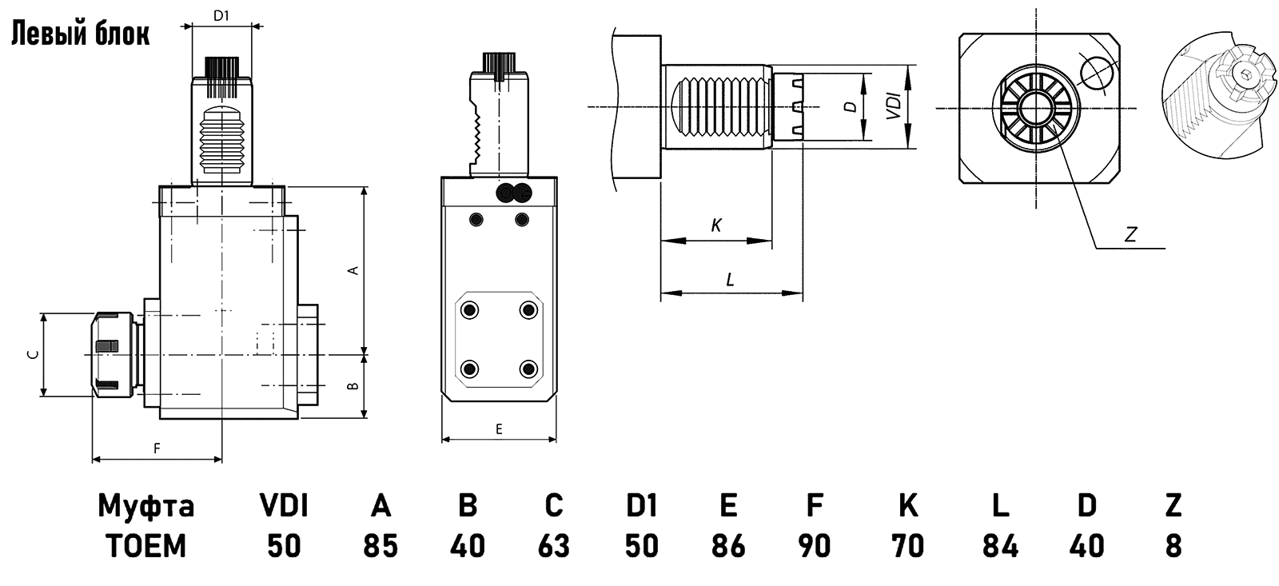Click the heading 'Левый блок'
80,34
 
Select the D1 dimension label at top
222,15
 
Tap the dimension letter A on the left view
353,271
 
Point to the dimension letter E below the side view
499,429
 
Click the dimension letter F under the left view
157,448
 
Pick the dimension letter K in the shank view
716,226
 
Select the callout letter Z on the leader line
1130,235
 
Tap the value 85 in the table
381,547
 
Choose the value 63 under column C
553,547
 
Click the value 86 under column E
728,547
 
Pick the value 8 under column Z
1173,547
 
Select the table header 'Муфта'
145,506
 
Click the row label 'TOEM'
145,547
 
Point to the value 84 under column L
1001,547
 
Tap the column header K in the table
908,506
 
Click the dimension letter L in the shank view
730,280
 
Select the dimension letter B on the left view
353,387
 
